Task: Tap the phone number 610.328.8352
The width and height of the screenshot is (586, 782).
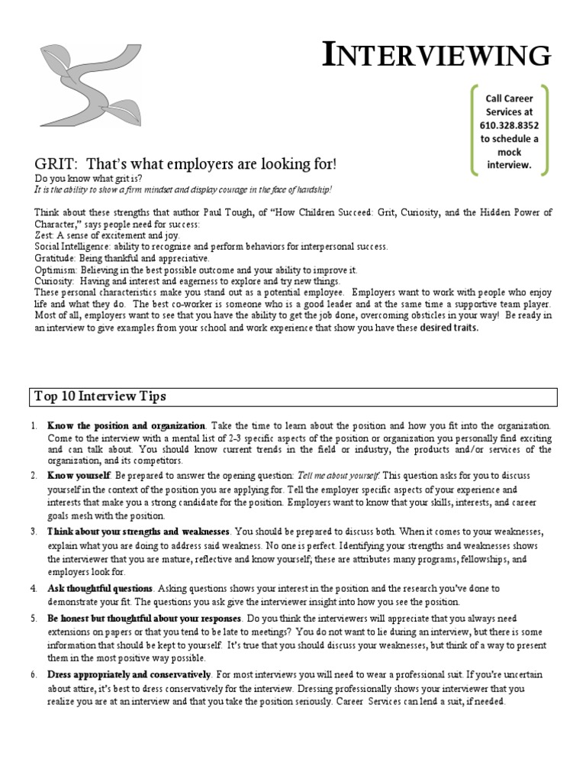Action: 509,124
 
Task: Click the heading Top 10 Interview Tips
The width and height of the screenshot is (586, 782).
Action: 101,396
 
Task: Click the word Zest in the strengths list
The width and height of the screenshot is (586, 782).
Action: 44,236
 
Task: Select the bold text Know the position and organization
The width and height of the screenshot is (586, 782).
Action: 126,425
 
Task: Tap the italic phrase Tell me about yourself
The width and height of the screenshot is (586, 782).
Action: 337,475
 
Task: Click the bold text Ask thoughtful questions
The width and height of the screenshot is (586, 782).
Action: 101,589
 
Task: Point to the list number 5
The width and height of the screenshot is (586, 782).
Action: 34,618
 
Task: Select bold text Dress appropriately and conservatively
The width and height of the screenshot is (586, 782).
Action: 128,674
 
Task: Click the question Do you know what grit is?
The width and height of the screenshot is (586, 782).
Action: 89,178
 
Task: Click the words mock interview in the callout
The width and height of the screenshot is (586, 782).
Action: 509,158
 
